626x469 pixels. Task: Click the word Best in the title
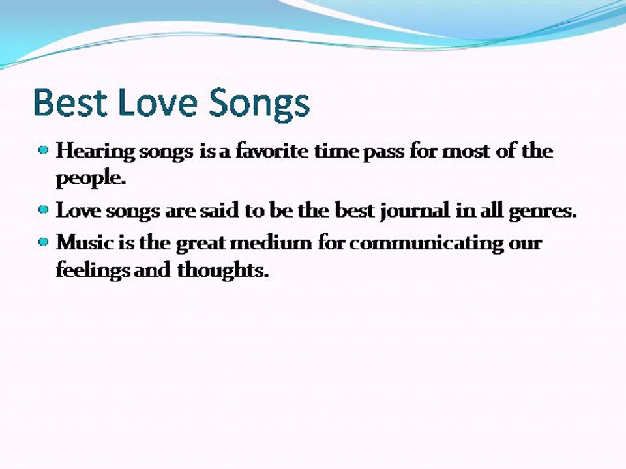(70, 102)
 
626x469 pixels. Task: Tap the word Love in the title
(158, 102)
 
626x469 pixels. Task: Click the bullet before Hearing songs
(44, 150)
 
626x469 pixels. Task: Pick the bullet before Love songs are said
(44, 210)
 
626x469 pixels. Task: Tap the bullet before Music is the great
(44, 242)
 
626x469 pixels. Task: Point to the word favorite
(272, 150)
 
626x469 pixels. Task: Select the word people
(91, 178)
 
